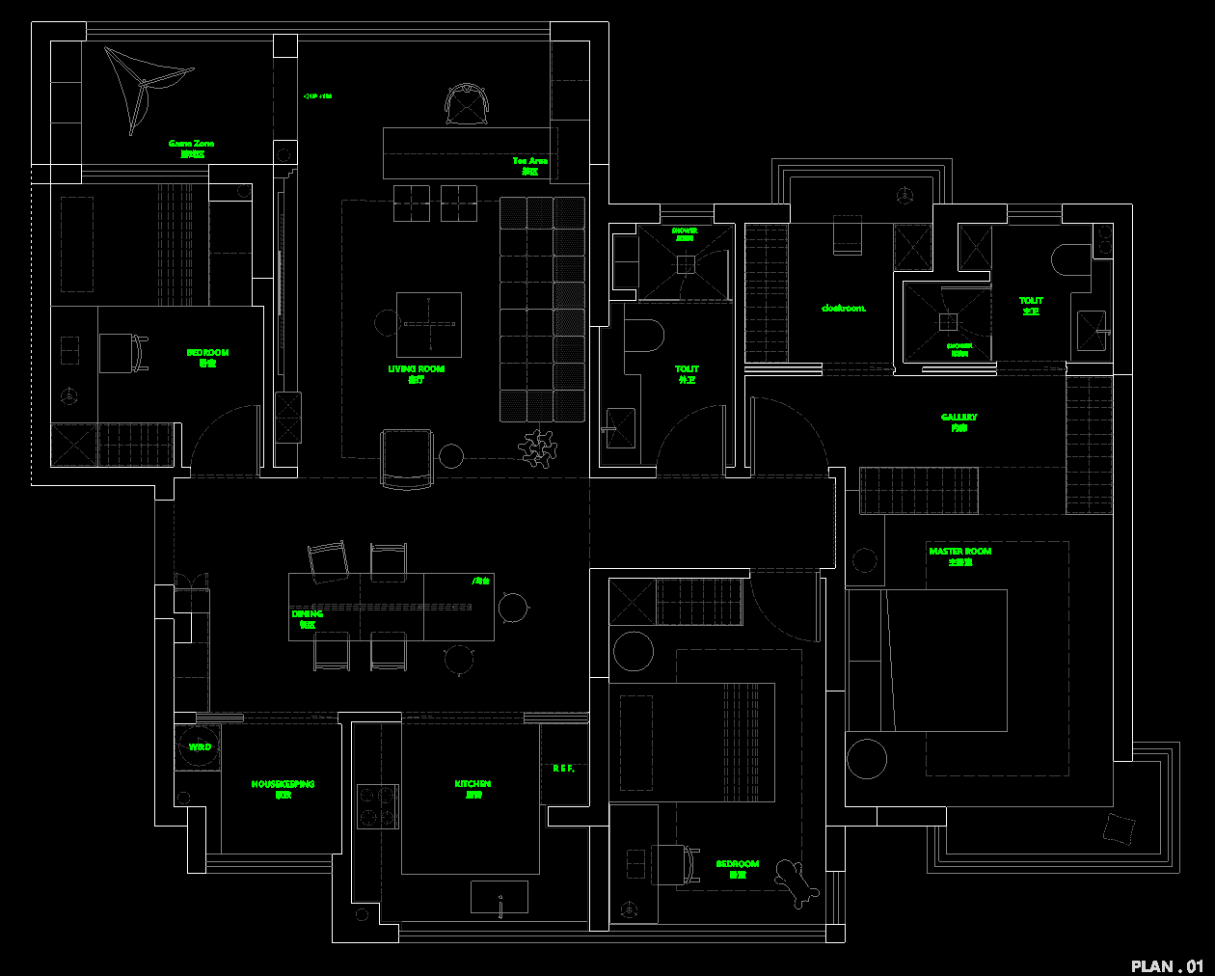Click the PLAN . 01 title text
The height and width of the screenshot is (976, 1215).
[1167, 965]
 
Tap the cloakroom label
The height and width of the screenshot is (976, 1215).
[843, 309]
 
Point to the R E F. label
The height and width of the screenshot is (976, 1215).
[563, 769]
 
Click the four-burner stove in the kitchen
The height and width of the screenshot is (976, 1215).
[377, 806]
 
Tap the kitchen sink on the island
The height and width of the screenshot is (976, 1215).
[499, 897]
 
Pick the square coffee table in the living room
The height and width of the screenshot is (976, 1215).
[429, 325]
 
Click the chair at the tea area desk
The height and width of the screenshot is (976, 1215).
[468, 104]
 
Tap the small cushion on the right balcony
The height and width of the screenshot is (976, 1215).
[1119, 828]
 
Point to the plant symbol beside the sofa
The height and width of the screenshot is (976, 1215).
[539, 447]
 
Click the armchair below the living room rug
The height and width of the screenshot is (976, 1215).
[407, 458]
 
